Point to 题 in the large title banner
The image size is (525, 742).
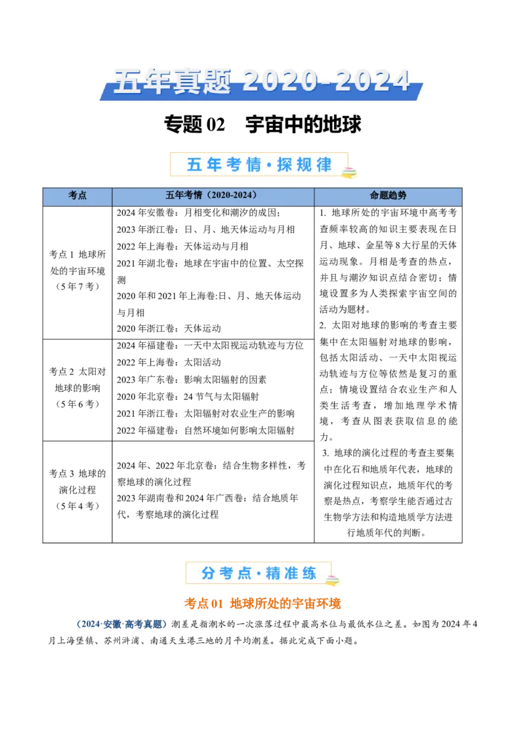213,82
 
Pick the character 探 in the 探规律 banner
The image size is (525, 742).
285,165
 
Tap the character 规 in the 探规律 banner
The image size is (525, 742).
304,165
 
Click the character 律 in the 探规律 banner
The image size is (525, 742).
324,165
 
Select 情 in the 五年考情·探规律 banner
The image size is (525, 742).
254,165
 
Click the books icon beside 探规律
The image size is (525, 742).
348,172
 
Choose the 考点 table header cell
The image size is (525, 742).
77,195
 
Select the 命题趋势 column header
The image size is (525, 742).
388,195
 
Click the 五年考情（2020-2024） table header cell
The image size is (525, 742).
213,195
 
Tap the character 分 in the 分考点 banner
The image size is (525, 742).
208,574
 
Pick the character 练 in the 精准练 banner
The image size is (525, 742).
309,574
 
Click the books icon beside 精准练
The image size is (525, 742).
333,581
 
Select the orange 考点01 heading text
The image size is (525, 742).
262,604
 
